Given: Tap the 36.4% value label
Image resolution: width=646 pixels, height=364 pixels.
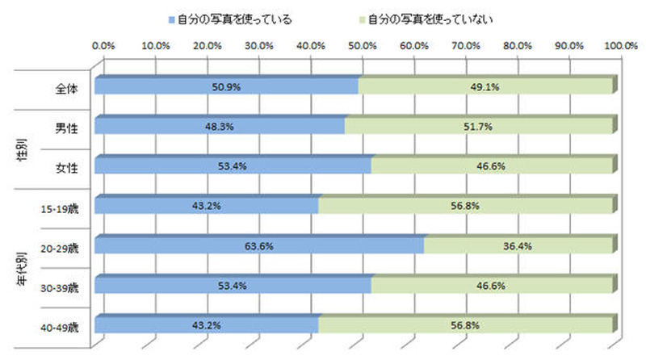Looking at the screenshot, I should [518, 245].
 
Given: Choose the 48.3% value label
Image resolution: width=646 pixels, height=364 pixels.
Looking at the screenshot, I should [220, 127].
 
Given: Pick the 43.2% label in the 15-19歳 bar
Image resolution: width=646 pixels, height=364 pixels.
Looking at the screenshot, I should [207, 206].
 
